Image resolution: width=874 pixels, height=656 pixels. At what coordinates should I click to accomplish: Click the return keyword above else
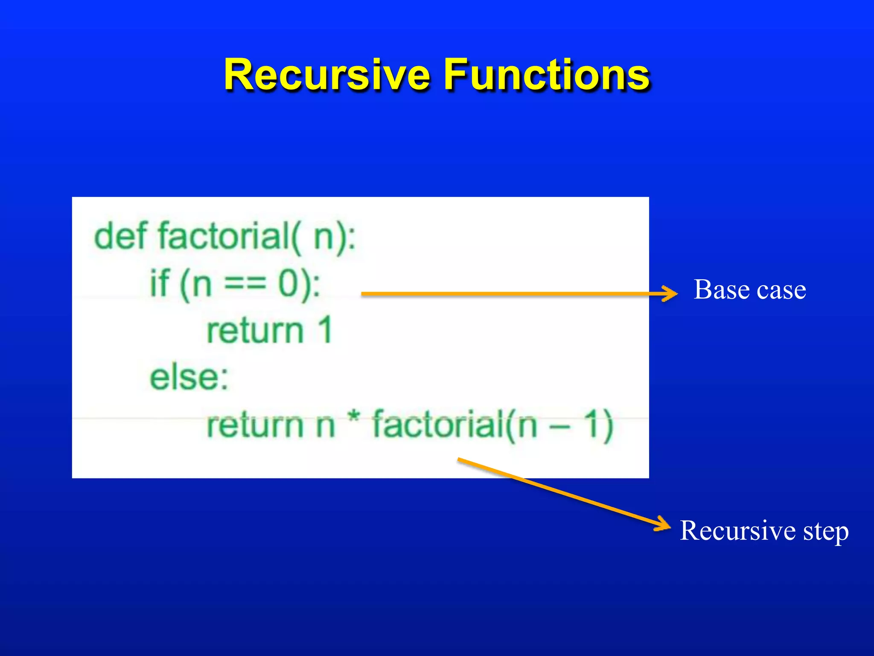point(255,331)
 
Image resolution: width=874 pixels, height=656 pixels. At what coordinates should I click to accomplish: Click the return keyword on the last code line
point(255,425)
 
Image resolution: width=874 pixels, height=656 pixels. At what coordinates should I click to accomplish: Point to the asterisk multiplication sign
point(354,419)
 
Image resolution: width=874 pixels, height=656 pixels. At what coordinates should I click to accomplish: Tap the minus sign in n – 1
point(559,426)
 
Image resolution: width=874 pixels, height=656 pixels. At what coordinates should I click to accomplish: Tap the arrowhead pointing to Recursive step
point(664,524)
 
